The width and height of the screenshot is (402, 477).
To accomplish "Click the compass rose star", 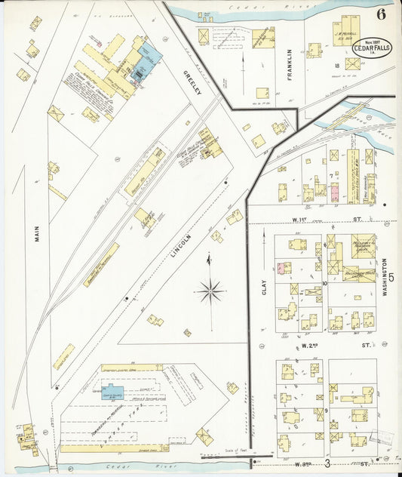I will tap(210, 289).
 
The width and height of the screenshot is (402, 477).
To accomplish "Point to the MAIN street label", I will tap(35, 235).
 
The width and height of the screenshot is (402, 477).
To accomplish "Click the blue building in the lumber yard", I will tap(112, 392).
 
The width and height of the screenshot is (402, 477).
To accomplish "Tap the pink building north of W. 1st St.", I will tap(334, 192).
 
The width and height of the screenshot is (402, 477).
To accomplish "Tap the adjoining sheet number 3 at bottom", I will tap(327, 462).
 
